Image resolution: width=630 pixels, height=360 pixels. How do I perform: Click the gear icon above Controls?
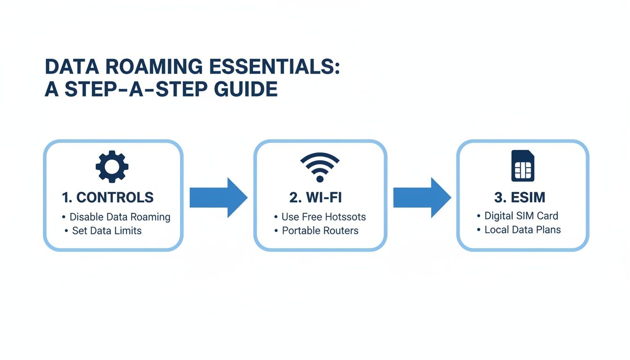point(112,166)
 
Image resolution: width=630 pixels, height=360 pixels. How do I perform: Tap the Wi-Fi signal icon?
point(320,167)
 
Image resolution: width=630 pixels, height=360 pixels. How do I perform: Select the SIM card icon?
point(523,166)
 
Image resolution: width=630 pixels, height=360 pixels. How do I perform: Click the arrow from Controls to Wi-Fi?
point(218,197)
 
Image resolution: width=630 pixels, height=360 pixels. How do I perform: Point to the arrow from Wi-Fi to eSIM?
point(421,197)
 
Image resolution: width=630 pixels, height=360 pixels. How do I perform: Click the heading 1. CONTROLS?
point(108,197)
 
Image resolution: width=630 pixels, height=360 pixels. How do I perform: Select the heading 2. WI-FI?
point(315,197)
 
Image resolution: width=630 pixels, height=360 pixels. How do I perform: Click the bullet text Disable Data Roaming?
point(120,217)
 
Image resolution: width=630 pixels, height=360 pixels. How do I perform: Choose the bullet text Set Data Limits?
point(106,231)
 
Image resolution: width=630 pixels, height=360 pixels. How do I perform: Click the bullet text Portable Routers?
point(320,231)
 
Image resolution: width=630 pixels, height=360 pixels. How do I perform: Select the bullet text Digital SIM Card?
point(521,216)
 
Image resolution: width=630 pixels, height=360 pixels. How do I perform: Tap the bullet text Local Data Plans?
point(522,230)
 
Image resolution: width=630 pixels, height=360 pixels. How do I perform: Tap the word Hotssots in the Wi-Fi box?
point(343,217)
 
